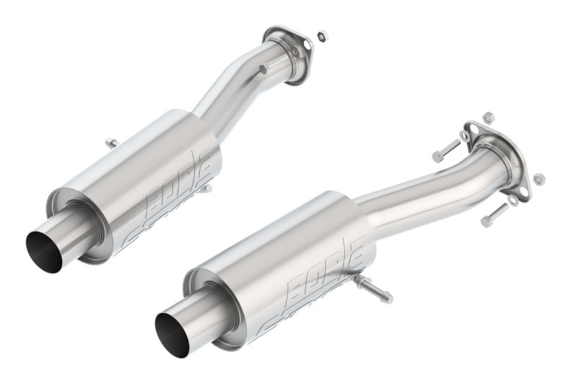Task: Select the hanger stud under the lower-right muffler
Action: click(374, 289)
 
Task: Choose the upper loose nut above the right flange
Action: click(488, 117)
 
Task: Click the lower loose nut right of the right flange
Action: click(539, 178)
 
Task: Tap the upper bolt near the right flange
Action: click(445, 151)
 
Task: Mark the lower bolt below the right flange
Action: click(494, 215)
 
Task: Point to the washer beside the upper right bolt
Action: click(464, 135)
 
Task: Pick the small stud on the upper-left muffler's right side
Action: click(206, 189)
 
